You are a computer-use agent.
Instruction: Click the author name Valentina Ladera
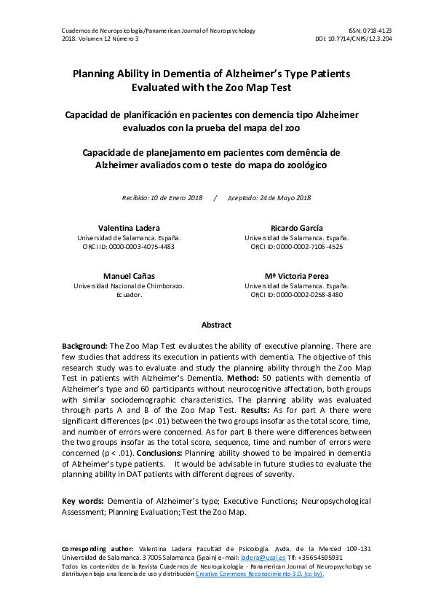[x=129, y=228]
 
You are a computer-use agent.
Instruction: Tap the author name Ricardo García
[x=296, y=228]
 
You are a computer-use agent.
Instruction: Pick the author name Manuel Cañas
[x=129, y=276]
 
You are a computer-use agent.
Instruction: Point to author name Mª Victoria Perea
[x=296, y=276]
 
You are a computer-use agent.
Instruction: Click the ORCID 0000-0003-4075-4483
[x=141, y=247]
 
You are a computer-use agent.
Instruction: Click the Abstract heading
[x=216, y=325]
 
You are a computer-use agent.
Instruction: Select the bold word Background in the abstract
[x=84, y=346]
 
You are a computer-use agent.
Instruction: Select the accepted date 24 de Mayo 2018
[x=280, y=198]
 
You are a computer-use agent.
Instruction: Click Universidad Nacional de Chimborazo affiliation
[x=129, y=286]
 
